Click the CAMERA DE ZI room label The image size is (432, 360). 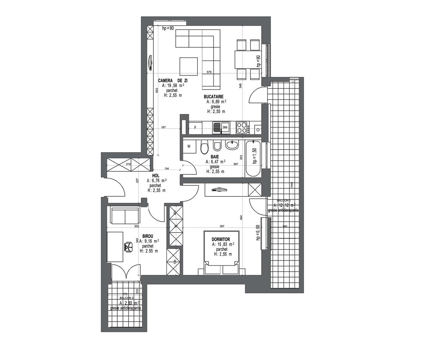[x=173, y=81]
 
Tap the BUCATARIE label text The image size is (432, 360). [x=214, y=97]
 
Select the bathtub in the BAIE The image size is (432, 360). [x=253, y=159]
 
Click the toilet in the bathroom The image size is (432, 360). [x=204, y=148]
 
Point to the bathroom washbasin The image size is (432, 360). [x=232, y=145]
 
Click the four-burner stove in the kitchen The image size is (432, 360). [x=242, y=127]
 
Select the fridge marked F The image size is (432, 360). [x=195, y=127]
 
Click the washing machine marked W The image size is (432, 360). [x=189, y=147]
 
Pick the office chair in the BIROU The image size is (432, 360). [x=128, y=246]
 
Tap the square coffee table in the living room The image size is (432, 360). [x=189, y=66]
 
